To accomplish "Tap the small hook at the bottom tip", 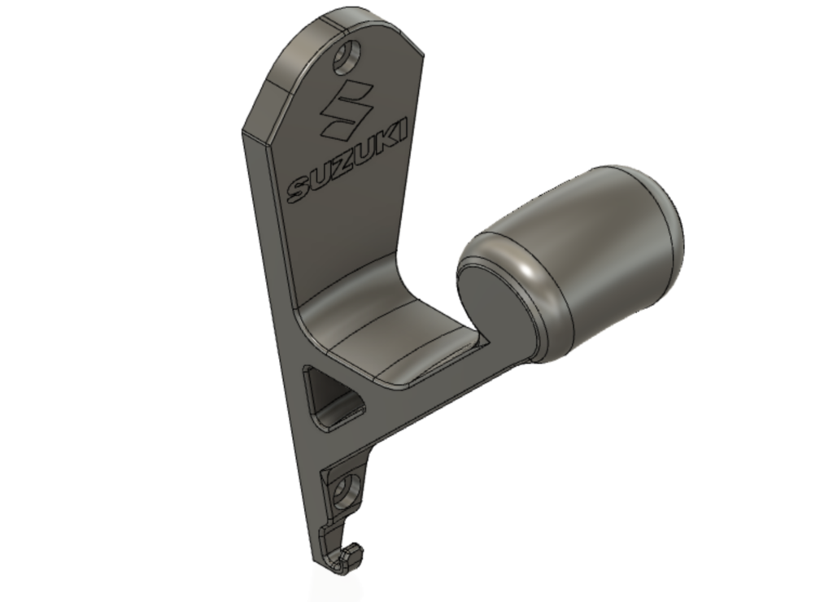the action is [x=342, y=558].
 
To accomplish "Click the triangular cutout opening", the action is [x=332, y=398].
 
